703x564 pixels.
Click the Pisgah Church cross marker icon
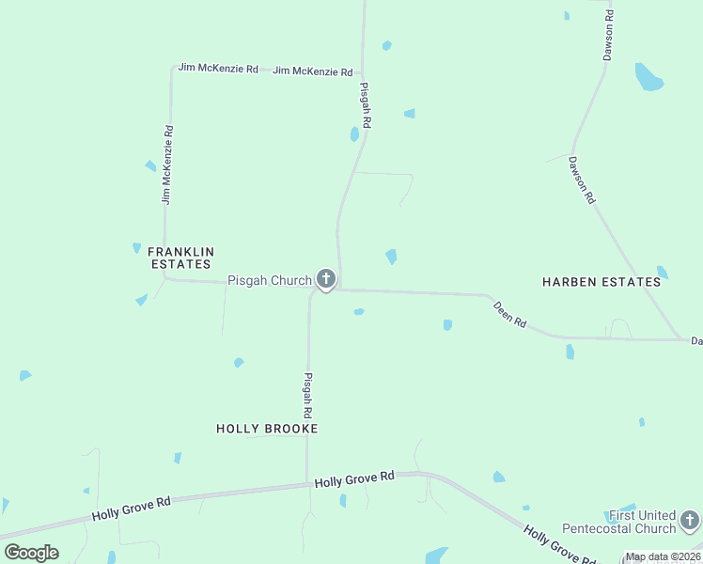click(x=326, y=278)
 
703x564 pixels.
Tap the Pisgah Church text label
click(x=270, y=280)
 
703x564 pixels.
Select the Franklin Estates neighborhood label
click(x=182, y=258)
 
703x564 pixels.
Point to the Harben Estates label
click(x=601, y=281)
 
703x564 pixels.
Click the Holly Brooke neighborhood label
click(x=267, y=429)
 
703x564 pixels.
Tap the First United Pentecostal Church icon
click(x=690, y=520)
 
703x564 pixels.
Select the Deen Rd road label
click(x=509, y=314)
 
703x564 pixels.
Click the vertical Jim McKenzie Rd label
click(x=167, y=165)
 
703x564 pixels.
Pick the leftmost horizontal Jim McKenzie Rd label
click(x=218, y=69)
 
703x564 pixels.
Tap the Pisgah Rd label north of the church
click(x=366, y=104)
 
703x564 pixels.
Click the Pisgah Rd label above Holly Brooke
click(x=307, y=395)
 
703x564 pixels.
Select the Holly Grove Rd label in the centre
click(x=354, y=479)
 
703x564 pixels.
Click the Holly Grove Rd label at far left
click(x=131, y=509)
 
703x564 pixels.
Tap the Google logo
click(x=31, y=553)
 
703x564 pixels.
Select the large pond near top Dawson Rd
click(x=648, y=77)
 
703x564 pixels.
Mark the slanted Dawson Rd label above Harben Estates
click(x=582, y=180)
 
